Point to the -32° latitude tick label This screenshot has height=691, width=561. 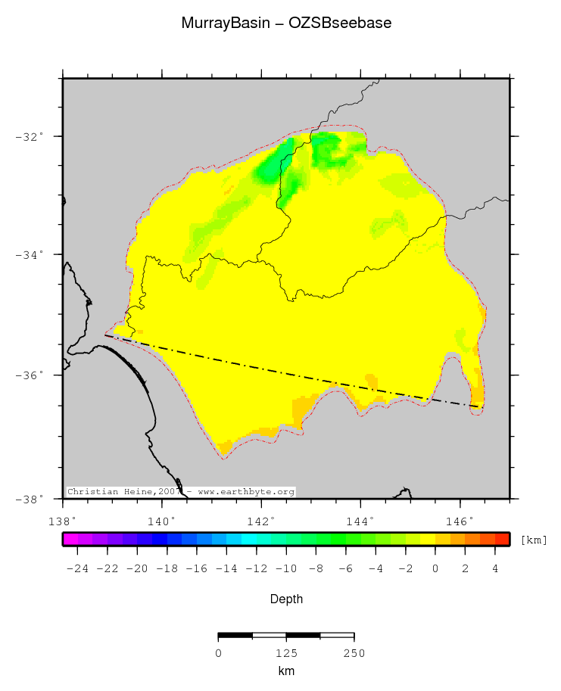(x=29, y=137)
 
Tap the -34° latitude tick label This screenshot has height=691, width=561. (x=29, y=255)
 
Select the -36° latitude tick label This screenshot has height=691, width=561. (x=29, y=375)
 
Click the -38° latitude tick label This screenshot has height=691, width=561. (x=29, y=499)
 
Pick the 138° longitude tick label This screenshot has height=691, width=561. (x=62, y=521)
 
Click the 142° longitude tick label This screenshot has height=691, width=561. (x=261, y=521)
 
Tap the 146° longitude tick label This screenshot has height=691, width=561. (x=460, y=521)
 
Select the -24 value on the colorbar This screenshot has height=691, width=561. (x=77, y=568)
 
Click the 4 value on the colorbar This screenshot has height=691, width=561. (x=495, y=568)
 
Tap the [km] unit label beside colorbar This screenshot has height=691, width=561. (x=533, y=540)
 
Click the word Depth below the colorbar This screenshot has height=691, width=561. (x=286, y=599)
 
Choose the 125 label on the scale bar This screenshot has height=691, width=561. (x=286, y=653)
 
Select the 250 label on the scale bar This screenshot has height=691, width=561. (x=354, y=653)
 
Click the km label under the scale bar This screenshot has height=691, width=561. (x=286, y=671)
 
